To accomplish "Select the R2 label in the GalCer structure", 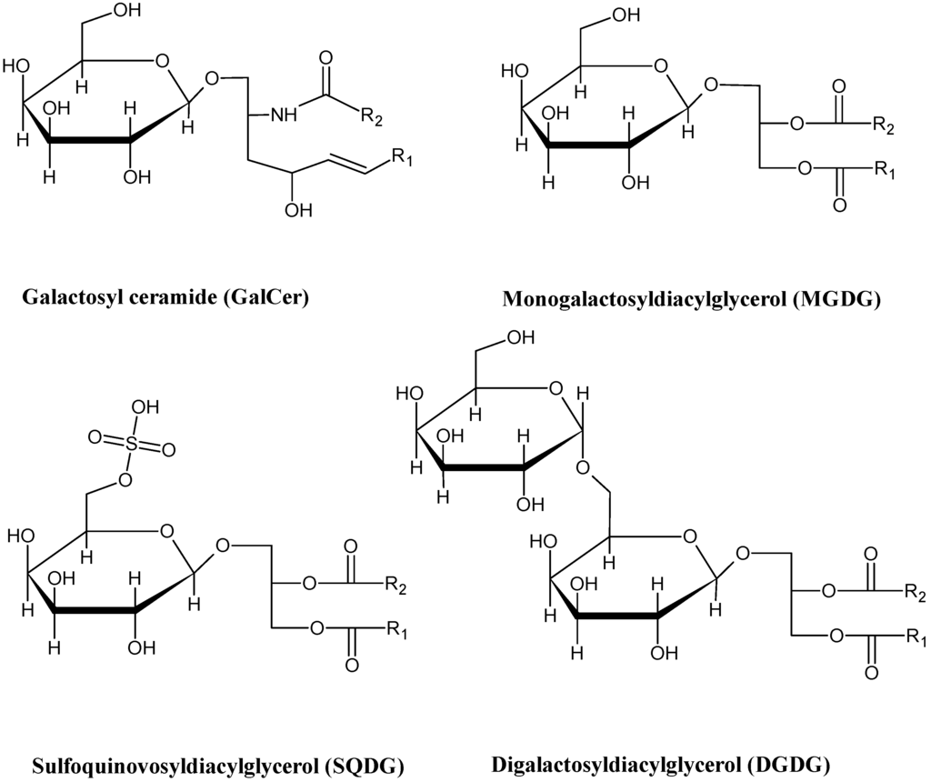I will [373, 115].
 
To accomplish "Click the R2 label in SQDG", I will [394, 583].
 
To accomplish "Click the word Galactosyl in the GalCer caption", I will [68, 297].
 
